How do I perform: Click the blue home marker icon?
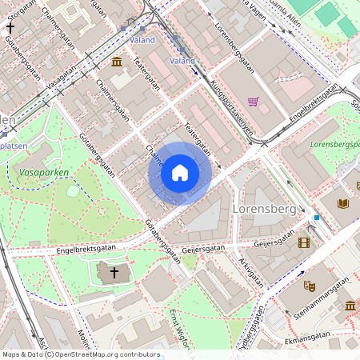click(180, 173)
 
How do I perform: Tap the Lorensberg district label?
click(263, 208)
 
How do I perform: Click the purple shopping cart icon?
click(254, 102)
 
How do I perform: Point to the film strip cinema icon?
click(303, 242)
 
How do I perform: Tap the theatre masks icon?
click(310, 285)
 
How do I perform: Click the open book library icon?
click(343, 204)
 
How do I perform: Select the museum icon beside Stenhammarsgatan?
click(350, 306)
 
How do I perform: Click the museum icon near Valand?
click(117, 62)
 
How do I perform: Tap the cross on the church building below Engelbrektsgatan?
click(114, 274)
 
